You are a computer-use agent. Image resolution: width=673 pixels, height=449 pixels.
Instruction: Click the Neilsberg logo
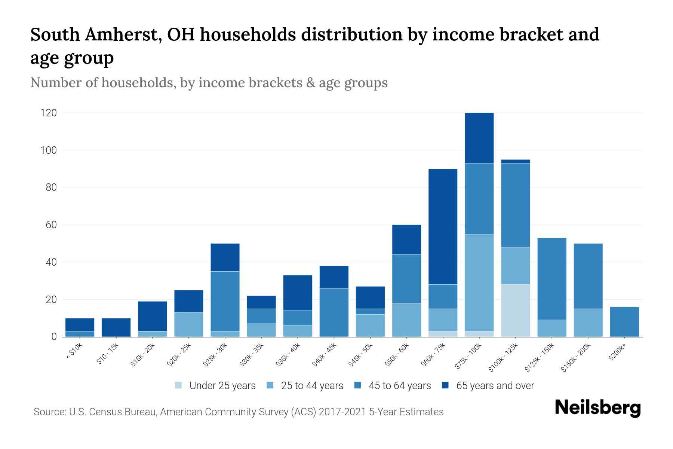coord(597,408)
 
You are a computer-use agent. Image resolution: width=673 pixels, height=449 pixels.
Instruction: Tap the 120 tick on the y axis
coord(48,113)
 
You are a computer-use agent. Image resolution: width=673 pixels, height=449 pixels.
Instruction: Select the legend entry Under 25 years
coord(215,385)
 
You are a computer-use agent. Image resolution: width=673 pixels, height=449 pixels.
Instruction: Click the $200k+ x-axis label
coord(617,353)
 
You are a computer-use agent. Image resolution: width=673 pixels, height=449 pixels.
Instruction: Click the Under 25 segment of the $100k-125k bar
coord(516,311)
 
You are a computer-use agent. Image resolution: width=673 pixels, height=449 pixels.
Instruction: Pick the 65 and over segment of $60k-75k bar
coord(443,226)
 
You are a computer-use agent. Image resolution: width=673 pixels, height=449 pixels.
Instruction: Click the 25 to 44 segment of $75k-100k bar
coord(479,283)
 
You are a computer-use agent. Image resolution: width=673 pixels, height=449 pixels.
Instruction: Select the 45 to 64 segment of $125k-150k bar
coord(552,279)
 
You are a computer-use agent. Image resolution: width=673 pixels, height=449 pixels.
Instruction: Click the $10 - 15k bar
coord(116,327)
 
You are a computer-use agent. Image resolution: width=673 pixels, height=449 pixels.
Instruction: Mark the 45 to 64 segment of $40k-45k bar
coord(334,312)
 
